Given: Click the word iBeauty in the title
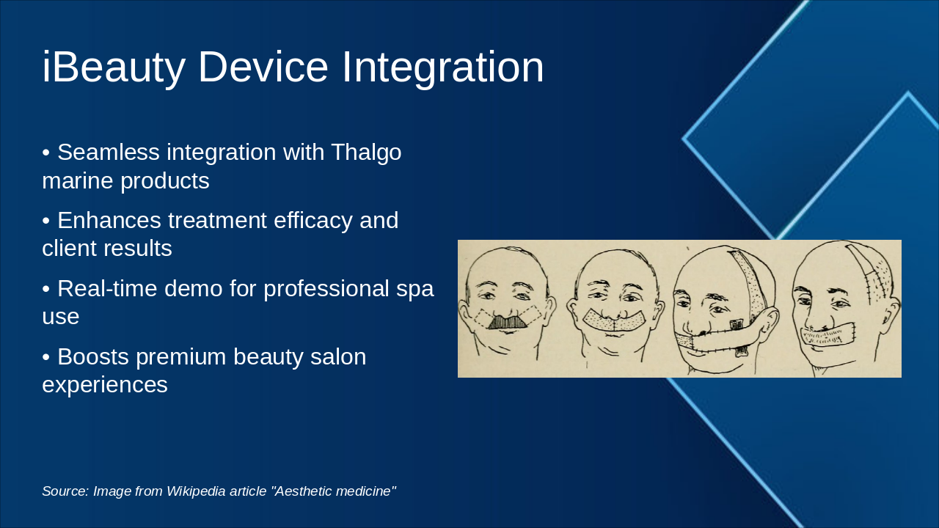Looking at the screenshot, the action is [x=114, y=67].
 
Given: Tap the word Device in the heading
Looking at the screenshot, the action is [x=263, y=67].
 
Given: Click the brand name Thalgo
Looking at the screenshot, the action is [x=366, y=153].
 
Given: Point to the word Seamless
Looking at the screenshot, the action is [x=109, y=152].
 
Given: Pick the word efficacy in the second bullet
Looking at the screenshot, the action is [x=313, y=221].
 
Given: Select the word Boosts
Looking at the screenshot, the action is [x=93, y=356].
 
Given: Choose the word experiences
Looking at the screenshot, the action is [x=105, y=386].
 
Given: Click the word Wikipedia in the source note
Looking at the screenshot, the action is [x=196, y=491].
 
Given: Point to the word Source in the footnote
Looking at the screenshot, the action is [x=65, y=491].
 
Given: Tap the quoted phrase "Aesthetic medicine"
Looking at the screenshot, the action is [x=334, y=491].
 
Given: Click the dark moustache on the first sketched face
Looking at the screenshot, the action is [x=507, y=321].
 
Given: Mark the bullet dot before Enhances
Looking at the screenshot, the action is [x=45, y=221].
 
